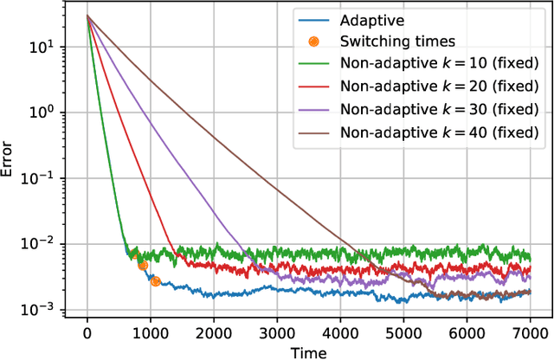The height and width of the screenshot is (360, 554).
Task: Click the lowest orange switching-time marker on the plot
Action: [x=155, y=281]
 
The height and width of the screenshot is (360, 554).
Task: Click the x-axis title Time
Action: [x=308, y=351]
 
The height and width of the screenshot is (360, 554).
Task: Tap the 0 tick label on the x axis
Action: [x=87, y=334]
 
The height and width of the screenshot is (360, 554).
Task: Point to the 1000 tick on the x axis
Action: [x=150, y=334]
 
